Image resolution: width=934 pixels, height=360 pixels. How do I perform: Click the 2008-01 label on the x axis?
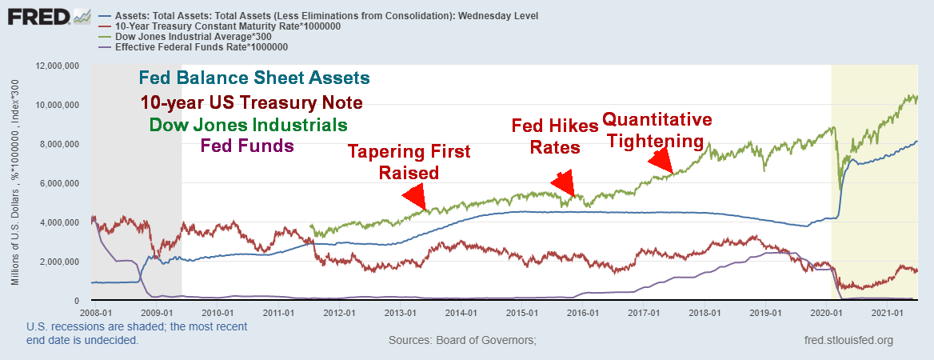[x=93, y=312]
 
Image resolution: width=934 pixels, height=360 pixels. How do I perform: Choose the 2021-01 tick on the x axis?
[x=886, y=312]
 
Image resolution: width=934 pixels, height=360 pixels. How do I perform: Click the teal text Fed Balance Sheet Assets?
[x=254, y=78]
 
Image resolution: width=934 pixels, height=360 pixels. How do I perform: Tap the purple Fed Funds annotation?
[x=247, y=146]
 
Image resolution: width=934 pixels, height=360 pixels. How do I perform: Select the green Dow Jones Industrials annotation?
[x=248, y=126]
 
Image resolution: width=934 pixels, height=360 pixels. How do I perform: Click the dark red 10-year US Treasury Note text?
[x=251, y=102]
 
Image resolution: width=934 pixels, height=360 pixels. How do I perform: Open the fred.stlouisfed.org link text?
[x=850, y=341]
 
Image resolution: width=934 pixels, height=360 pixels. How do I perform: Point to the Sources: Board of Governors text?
[x=461, y=341]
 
